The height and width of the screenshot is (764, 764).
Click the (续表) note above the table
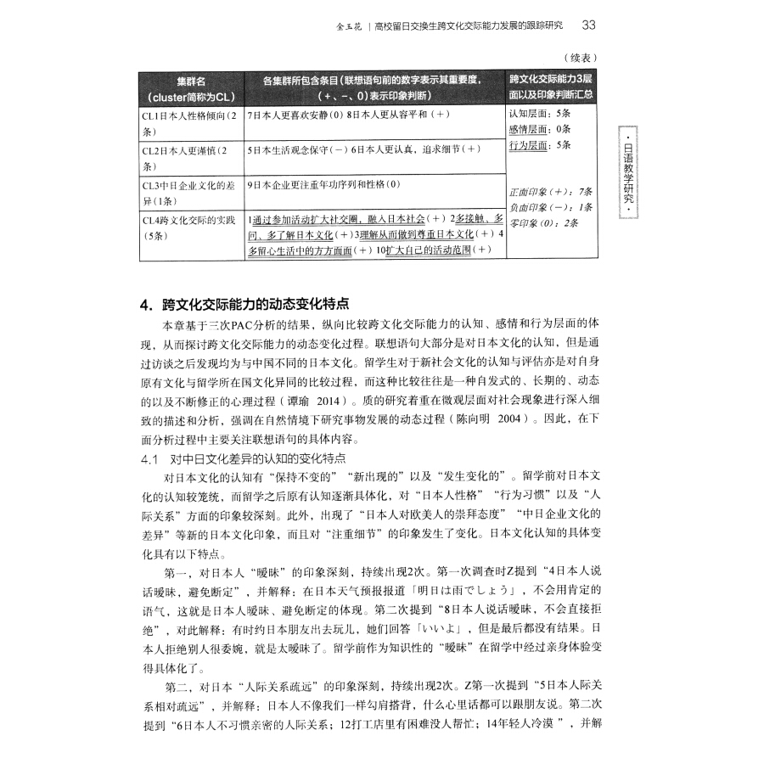click(581, 57)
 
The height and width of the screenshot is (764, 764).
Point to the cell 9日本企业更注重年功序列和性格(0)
click(323, 184)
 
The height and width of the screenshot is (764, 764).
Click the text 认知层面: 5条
click(539, 114)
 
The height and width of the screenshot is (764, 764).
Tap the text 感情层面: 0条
click(539, 129)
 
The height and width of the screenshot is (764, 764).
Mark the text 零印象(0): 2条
click(543, 222)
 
